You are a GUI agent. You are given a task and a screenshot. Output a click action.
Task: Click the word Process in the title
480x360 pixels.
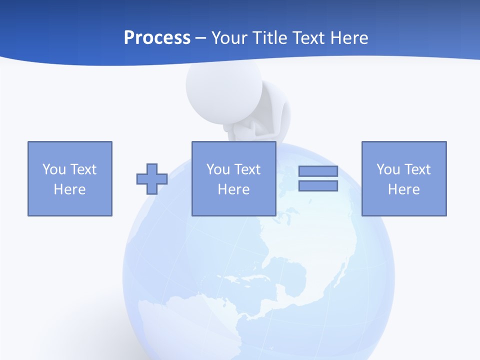(x=157, y=38)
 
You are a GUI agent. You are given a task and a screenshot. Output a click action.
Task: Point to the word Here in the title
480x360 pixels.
(x=348, y=38)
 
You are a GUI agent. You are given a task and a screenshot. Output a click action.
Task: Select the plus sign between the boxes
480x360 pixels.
(x=152, y=179)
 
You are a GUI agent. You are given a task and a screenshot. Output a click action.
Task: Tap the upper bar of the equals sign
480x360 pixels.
(x=318, y=171)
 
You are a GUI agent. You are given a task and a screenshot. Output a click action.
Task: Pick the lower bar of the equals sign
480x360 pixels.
(x=318, y=185)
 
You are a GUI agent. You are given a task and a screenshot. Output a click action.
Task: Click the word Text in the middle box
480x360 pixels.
(x=248, y=169)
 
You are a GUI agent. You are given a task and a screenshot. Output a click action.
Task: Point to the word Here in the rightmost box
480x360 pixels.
(x=404, y=189)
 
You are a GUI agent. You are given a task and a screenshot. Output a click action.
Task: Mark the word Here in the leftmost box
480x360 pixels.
(x=70, y=189)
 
